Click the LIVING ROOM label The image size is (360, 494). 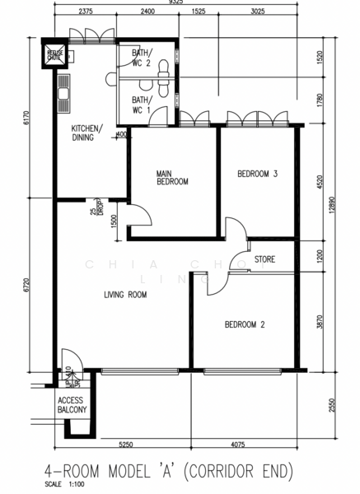[125, 294]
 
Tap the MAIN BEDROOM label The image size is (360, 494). [173, 177]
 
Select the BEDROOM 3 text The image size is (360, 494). [257, 174]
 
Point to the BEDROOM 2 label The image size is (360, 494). [245, 324]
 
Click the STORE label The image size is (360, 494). [264, 260]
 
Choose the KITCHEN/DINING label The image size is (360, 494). [86, 133]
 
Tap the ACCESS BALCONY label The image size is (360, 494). [72, 404]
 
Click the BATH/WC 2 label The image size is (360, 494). [142, 58]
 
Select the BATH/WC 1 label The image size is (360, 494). [142, 105]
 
